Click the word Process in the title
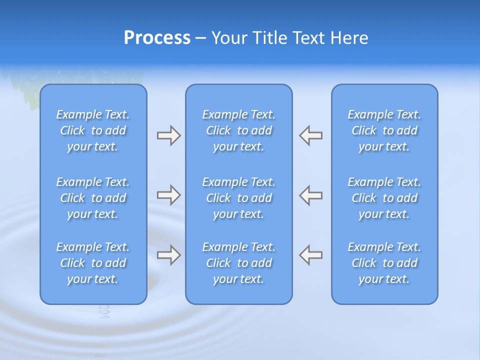[x=157, y=38]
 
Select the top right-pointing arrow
[x=168, y=135]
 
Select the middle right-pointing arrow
[x=168, y=195]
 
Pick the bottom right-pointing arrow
[x=168, y=255]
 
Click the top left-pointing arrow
[x=311, y=135]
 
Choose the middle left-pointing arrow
[x=311, y=195]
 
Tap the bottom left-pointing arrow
[x=311, y=255]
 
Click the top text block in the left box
[x=93, y=130]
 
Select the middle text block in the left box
[x=93, y=198]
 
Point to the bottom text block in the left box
[x=93, y=263]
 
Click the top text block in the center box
[x=239, y=130]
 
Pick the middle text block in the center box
[x=239, y=198]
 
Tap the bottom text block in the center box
[x=239, y=263]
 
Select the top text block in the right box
[x=384, y=130]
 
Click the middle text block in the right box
[x=384, y=198]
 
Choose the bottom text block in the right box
[x=384, y=263]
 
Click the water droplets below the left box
[x=104, y=312]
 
